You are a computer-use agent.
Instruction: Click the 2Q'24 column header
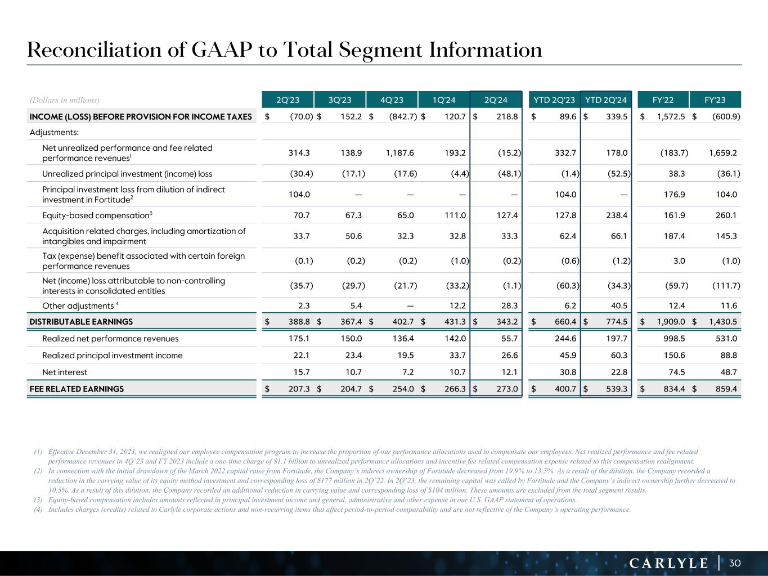(x=496, y=100)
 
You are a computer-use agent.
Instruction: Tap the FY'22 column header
(x=663, y=100)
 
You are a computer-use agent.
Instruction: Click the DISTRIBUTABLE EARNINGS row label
(x=81, y=322)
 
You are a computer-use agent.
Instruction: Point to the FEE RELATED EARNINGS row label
(x=77, y=389)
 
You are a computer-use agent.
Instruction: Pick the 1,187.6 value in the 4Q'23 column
(x=400, y=152)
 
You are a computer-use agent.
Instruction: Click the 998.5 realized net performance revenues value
(x=674, y=339)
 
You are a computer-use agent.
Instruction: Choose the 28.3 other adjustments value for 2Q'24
(x=509, y=305)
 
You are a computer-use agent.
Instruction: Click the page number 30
(x=735, y=563)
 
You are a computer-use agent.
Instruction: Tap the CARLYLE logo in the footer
(x=669, y=563)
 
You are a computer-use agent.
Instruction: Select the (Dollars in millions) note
(x=64, y=100)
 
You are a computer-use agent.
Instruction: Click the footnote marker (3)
(x=38, y=500)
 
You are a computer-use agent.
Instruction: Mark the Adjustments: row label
(x=54, y=132)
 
